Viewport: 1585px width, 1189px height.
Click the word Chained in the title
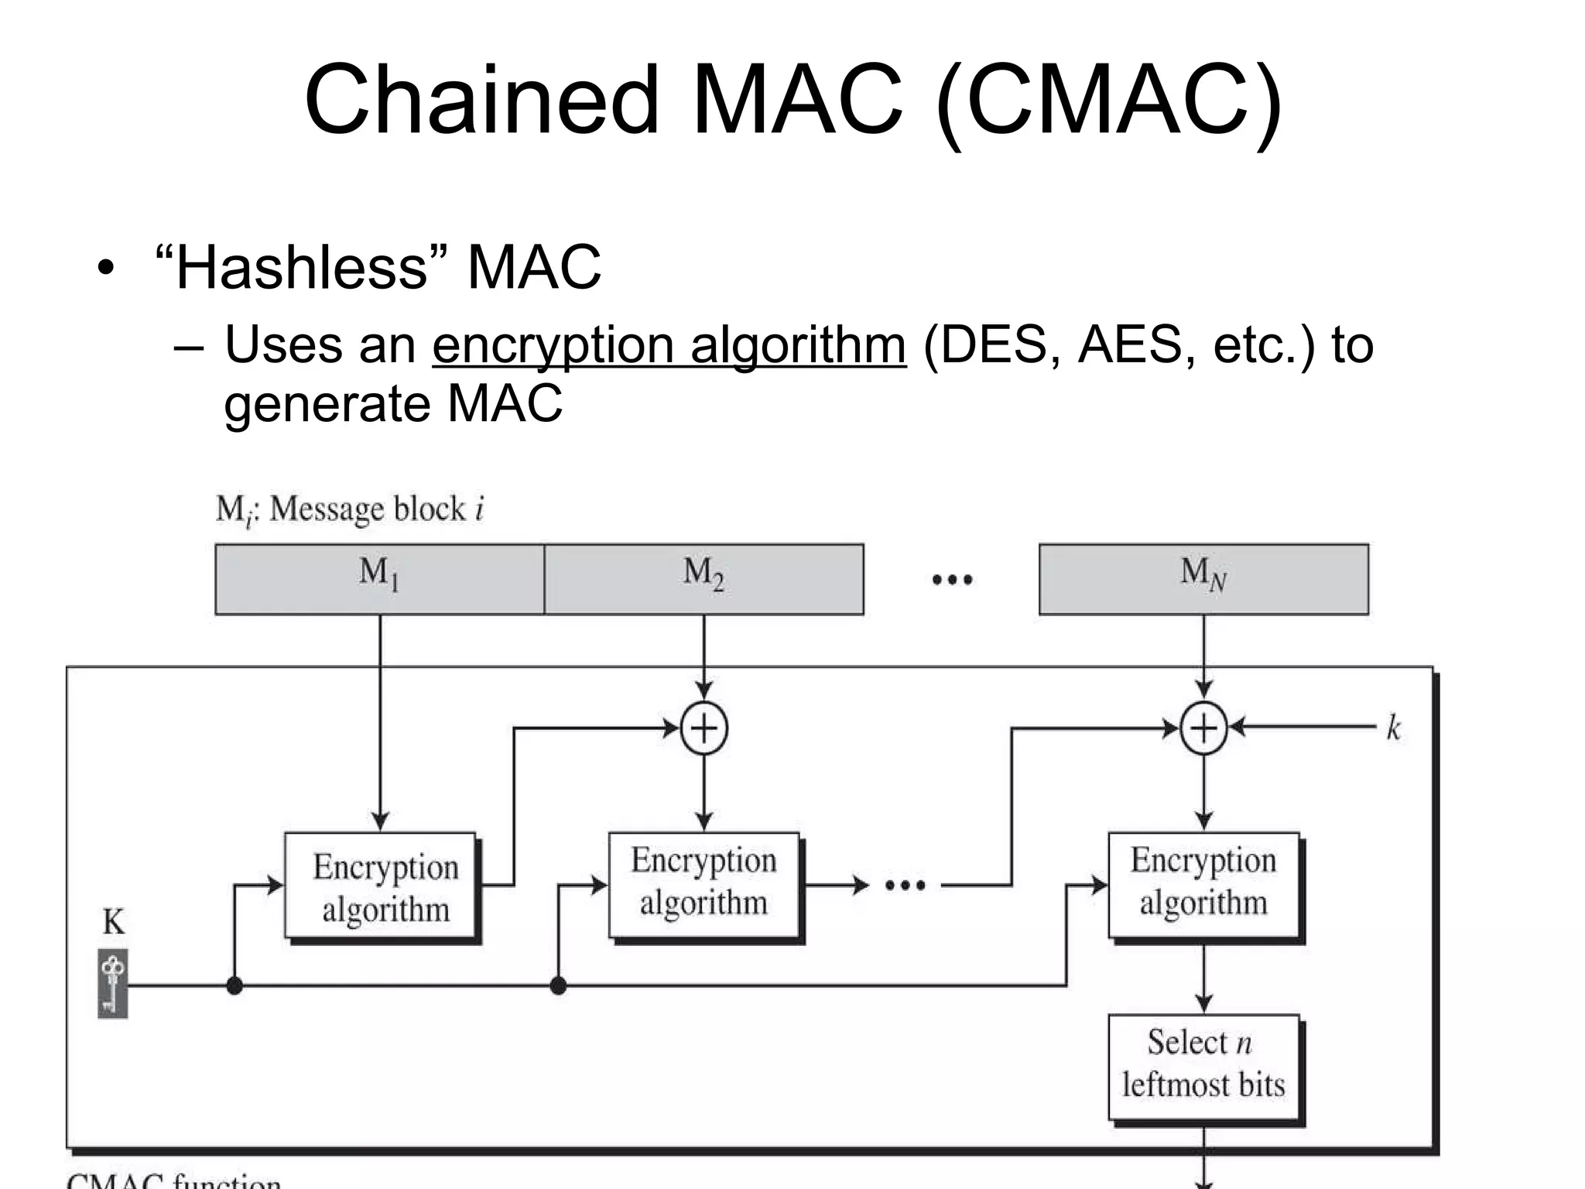(x=481, y=101)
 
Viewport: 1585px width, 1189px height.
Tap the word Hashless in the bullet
(x=301, y=267)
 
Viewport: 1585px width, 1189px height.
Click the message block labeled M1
(x=379, y=579)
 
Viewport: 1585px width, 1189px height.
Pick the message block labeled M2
(x=703, y=579)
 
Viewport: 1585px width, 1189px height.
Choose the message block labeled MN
(x=1203, y=579)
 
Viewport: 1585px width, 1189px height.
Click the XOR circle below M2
(x=703, y=728)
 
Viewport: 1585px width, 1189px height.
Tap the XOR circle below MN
(x=1203, y=728)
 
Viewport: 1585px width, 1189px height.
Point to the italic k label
(x=1393, y=728)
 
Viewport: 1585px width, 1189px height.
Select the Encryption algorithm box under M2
(x=703, y=884)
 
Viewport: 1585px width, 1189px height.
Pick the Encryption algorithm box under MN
(x=1203, y=884)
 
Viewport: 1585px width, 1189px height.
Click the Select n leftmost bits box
(x=1203, y=1066)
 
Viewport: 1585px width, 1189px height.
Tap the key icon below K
(x=113, y=983)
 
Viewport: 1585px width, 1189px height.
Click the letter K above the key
(x=113, y=922)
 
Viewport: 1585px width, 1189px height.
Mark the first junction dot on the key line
(x=234, y=985)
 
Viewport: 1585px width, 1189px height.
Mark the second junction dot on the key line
(x=558, y=985)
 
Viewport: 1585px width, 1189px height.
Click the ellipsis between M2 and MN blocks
(x=952, y=580)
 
